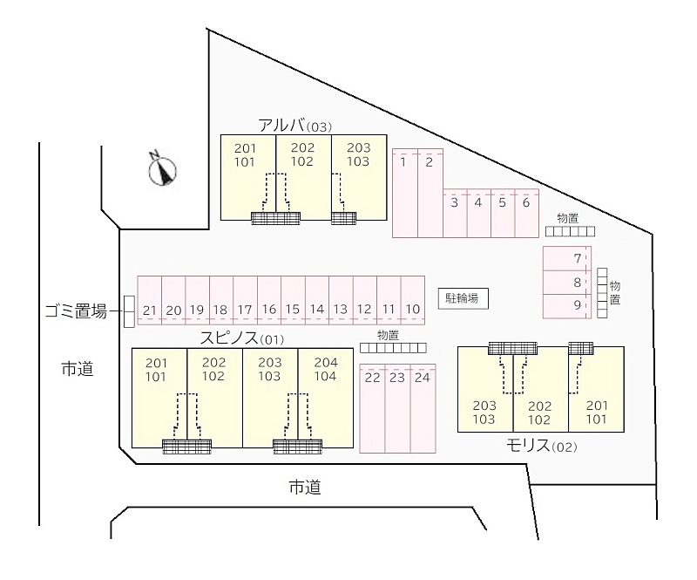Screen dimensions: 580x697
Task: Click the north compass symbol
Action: pyautogui.click(x=162, y=169)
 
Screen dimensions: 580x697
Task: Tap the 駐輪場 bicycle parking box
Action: pyautogui.click(x=462, y=298)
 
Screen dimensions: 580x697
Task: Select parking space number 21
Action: pyautogui.click(x=150, y=310)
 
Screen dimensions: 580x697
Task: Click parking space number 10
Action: pyautogui.click(x=413, y=310)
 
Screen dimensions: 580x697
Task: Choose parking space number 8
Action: pyautogui.click(x=577, y=283)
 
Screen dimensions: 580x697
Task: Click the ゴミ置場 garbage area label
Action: pyautogui.click(x=76, y=310)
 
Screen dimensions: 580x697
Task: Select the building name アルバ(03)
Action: pyautogui.click(x=294, y=125)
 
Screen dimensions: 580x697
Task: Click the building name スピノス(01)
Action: pyautogui.click(x=242, y=338)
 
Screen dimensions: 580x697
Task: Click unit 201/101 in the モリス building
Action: pyautogui.click(x=597, y=412)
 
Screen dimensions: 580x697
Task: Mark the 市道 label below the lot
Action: pyautogui.click(x=305, y=488)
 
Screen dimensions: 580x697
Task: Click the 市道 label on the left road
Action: pyautogui.click(x=77, y=369)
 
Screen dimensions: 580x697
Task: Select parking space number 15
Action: pyautogui.click(x=293, y=310)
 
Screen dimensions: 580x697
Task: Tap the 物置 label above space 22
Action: pyautogui.click(x=389, y=335)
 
